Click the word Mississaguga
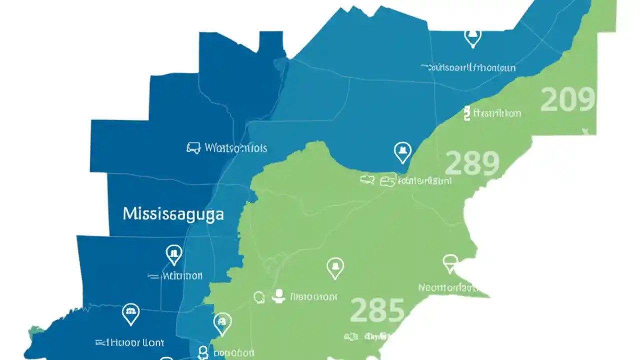(173, 214)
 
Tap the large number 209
(568, 99)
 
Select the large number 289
(471, 163)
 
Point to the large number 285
(377, 310)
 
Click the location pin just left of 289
(402, 152)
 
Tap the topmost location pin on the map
(472, 37)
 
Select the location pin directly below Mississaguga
(173, 255)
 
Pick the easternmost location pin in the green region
(450, 263)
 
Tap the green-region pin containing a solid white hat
(335, 268)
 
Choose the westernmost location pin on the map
(130, 314)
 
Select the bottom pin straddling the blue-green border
(222, 323)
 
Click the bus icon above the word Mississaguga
(193, 148)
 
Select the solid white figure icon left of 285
(278, 296)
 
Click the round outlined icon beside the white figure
(259, 297)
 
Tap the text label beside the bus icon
(235, 148)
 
